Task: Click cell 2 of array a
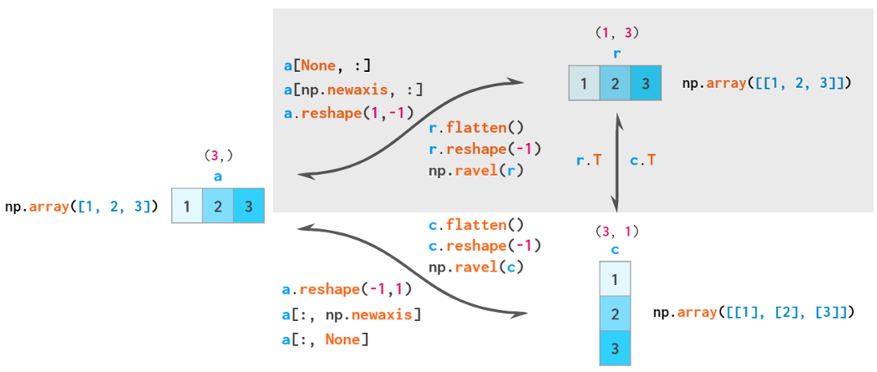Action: [x=218, y=206]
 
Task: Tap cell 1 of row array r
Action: [x=584, y=84]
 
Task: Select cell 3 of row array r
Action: [x=646, y=84]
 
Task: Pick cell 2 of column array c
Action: [x=615, y=314]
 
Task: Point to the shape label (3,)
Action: [x=218, y=155]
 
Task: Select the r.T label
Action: [x=589, y=160]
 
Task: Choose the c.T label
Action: [x=641, y=160]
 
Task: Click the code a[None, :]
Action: [x=327, y=65]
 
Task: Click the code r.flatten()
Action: [x=475, y=128]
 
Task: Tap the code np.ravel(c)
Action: [x=475, y=268]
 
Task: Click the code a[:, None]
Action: [x=327, y=339]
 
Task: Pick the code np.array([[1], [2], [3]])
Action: [x=753, y=313]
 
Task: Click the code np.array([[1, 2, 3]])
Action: [x=767, y=84]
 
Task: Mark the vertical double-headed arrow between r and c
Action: [x=616, y=163]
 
